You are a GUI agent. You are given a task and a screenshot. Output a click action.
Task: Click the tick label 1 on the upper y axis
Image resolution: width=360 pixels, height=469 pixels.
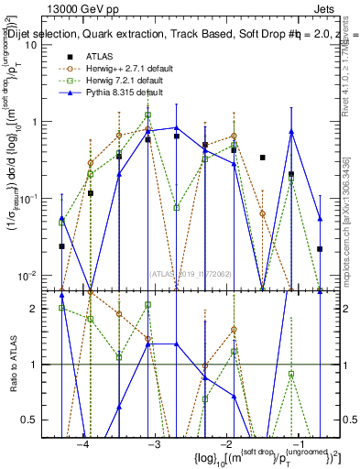pyautogui.click(x=36, y=121)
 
